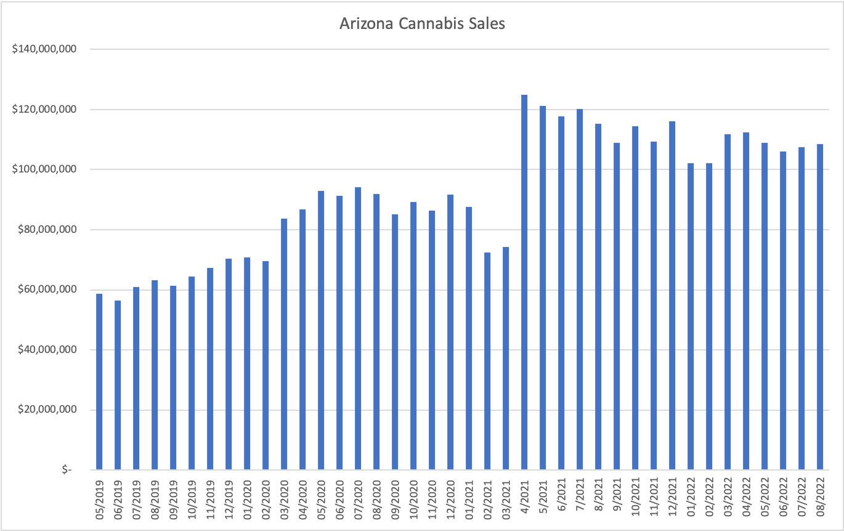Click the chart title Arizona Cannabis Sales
click(x=422, y=24)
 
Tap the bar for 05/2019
click(x=99, y=382)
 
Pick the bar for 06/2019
click(x=118, y=385)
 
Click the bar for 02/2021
click(x=487, y=361)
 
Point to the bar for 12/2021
click(x=672, y=296)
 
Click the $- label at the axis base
click(x=67, y=470)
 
